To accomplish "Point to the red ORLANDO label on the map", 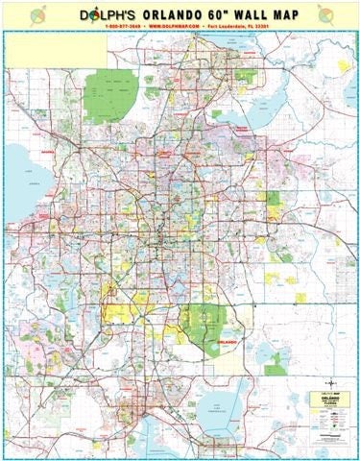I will [x=228, y=340].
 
